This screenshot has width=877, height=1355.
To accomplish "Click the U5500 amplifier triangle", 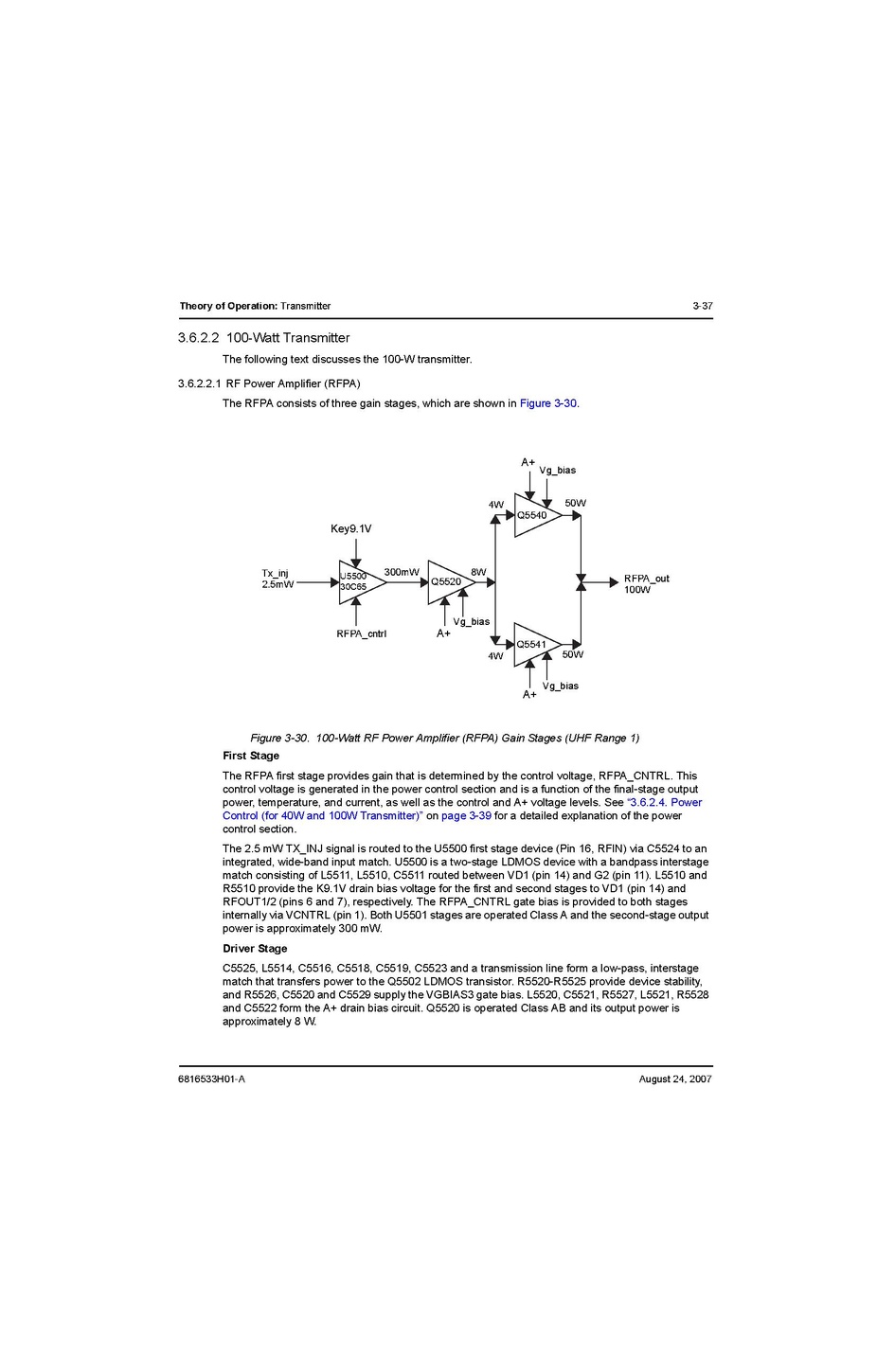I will tap(359, 582).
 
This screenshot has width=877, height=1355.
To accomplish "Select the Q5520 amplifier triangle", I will tap(447, 582).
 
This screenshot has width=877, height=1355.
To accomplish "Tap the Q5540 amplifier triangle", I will tap(534, 515).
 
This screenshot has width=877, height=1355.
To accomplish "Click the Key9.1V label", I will tap(350, 528).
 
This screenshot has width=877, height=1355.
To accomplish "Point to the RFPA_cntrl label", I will tap(361, 633).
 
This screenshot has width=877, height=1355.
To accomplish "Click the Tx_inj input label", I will tap(276, 573).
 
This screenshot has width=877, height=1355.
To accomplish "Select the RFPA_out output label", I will tap(646, 579).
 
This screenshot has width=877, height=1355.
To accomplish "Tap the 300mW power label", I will tap(402, 572).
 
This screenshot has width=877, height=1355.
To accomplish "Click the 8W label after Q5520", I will tap(478, 572).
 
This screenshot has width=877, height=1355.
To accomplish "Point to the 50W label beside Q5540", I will tap(575, 503).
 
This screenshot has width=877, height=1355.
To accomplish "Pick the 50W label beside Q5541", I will tap(572, 654).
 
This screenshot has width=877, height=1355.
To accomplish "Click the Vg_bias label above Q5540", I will tap(557, 470).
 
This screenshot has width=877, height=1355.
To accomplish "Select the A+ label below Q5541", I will tap(529, 694).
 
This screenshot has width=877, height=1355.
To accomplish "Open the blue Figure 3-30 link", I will tap(548, 403).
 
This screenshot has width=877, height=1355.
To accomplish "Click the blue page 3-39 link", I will tap(466, 815).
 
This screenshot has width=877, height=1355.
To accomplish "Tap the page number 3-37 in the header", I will tap(702, 306).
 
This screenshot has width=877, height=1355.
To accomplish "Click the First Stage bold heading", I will tap(251, 756).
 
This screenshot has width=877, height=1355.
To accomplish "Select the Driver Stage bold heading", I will tap(255, 948).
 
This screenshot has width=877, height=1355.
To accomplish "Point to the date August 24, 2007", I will tap(675, 1079).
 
